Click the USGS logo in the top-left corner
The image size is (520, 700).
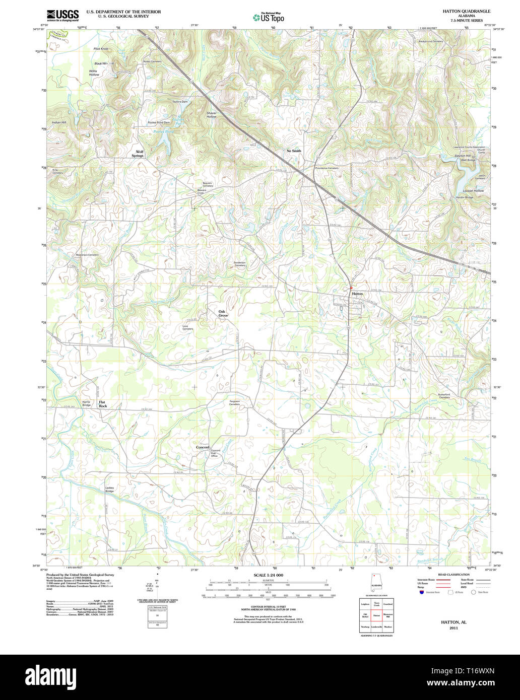click(62, 16)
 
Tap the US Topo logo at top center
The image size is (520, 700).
click(268, 17)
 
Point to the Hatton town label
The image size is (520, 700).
click(357, 293)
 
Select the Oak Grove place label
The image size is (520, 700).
click(223, 313)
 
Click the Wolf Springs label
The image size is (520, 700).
click(138, 154)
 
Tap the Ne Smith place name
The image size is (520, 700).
click(294, 151)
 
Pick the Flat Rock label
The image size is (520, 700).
click(103, 404)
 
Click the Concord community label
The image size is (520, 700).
click(203, 447)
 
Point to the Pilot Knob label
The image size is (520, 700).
click(101, 49)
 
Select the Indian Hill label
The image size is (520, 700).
click(59, 122)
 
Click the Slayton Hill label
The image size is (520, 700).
click(463, 156)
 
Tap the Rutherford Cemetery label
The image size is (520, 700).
click(444, 396)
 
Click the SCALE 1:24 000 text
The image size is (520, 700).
click(268, 575)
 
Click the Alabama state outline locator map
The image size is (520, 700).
click(375, 583)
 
